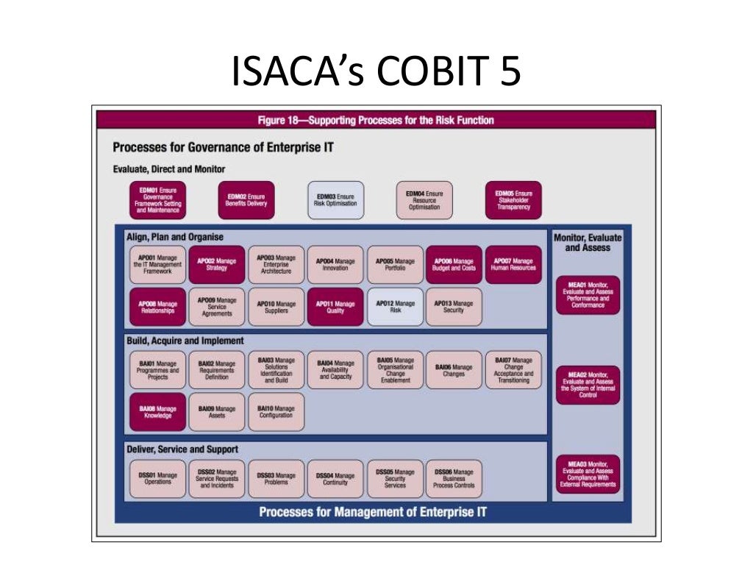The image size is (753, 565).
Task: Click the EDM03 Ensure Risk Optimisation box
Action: (x=335, y=199)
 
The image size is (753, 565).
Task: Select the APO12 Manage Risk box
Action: (x=395, y=307)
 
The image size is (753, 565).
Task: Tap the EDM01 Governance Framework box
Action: (x=158, y=200)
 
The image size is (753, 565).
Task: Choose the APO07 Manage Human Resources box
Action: (x=513, y=265)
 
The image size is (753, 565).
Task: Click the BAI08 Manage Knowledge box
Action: (x=158, y=412)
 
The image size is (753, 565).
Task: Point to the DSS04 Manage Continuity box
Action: (x=335, y=480)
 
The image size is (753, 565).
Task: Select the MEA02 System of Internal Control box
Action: (x=588, y=385)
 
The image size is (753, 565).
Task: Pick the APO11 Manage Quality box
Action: (x=335, y=307)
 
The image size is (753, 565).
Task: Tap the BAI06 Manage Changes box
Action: (x=454, y=370)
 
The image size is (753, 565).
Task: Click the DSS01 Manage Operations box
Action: (x=158, y=480)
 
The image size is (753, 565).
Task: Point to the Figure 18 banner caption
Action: (x=376, y=120)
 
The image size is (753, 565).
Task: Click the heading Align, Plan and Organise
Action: (x=175, y=237)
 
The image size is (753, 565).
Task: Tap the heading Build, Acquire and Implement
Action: (x=185, y=341)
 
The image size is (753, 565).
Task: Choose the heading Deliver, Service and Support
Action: (x=183, y=449)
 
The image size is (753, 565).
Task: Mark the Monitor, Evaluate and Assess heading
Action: (x=588, y=243)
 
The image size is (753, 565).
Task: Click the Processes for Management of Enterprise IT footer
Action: (x=373, y=512)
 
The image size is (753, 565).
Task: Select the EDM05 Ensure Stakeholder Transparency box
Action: (x=513, y=199)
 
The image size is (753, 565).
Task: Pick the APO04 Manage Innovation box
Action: (x=335, y=265)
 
